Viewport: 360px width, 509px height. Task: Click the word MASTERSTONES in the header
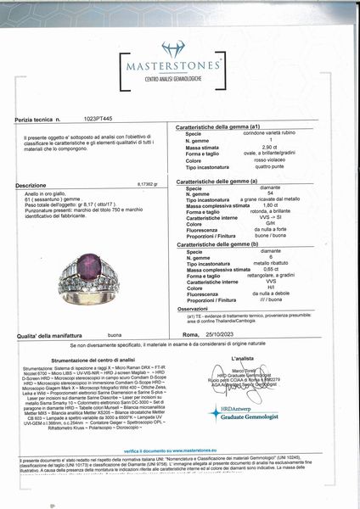tap(179, 67)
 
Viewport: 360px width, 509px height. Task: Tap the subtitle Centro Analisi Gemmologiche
tap(179, 78)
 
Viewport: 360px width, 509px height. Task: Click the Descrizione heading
tap(31, 184)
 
